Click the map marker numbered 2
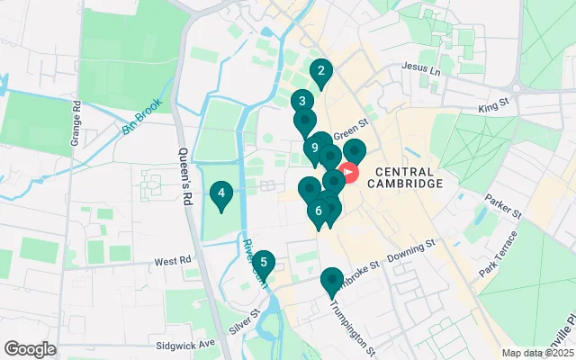320,70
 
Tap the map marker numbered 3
301,102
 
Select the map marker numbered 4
220,193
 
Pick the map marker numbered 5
263,263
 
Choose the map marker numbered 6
318,211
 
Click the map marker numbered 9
315,148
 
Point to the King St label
494,108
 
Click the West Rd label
173,261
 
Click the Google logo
30,349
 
